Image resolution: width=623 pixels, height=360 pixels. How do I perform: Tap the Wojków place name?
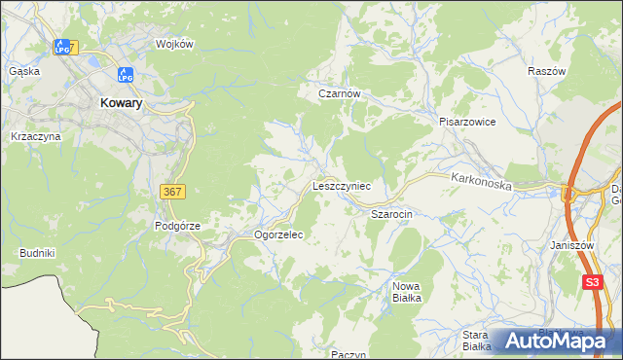tap(176, 45)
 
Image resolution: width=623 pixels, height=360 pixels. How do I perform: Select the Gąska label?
tap(23, 71)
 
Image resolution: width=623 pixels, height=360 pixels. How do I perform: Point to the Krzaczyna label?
tap(35, 137)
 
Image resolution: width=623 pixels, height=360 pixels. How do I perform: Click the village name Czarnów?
tap(340, 94)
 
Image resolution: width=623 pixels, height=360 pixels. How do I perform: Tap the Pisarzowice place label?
tap(467, 123)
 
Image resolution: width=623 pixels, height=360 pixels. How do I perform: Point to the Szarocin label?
tap(393, 212)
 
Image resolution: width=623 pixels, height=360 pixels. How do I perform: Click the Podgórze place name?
tap(177, 226)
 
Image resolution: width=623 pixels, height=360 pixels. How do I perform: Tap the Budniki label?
tap(37, 253)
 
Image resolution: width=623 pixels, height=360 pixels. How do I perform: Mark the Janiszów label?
tap(571, 246)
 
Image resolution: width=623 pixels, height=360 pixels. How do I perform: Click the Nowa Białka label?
tap(406, 292)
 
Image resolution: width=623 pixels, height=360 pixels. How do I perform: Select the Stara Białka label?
tap(474, 340)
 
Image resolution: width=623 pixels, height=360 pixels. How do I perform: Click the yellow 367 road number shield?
tap(171, 193)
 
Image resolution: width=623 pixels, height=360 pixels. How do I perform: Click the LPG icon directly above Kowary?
tap(125, 75)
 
